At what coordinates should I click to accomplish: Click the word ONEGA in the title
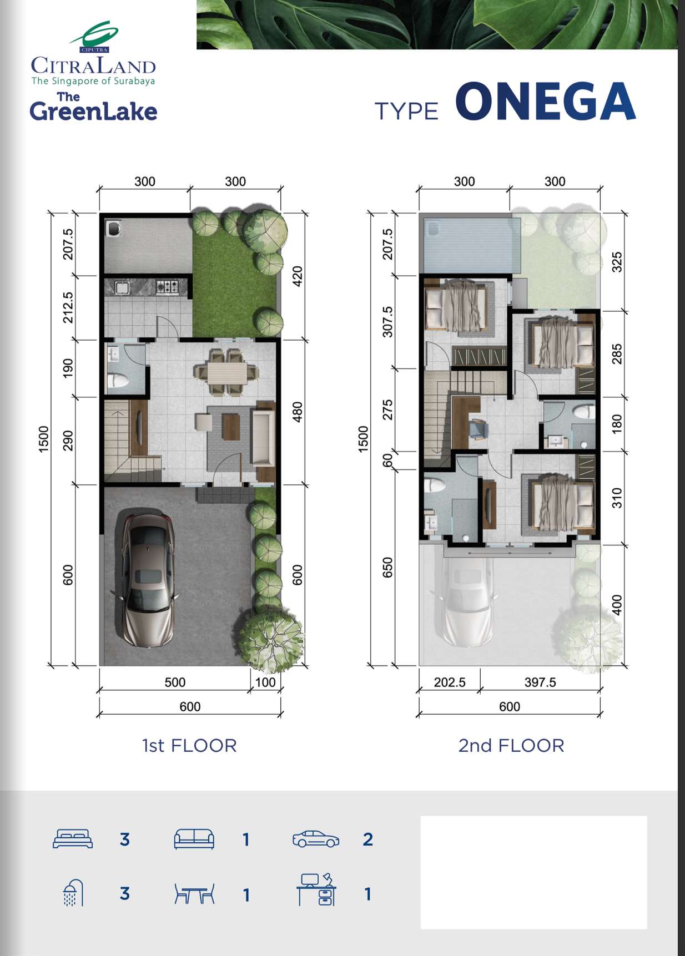[x=546, y=102]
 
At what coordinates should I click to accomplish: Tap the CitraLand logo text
[x=93, y=66]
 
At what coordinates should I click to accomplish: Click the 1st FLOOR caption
[x=189, y=745]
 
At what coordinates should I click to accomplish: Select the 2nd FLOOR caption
[x=511, y=745]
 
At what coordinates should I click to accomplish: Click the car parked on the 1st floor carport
[x=145, y=580]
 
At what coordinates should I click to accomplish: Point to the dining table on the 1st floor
[x=226, y=372]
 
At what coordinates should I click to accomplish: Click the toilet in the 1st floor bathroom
[x=118, y=381]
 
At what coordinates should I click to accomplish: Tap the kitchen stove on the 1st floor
[x=167, y=286]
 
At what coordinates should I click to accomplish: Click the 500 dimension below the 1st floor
[x=175, y=682]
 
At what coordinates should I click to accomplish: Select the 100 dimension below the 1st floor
[x=265, y=682]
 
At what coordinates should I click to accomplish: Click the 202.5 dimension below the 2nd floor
[x=450, y=682]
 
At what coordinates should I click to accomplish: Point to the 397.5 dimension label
[x=540, y=682]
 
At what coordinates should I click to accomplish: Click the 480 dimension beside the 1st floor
[x=298, y=412]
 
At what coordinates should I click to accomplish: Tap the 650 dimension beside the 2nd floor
[x=387, y=568]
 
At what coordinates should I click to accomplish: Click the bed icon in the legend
[x=73, y=839]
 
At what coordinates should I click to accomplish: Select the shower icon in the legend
[x=73, y=892]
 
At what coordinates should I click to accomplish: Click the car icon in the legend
[x=316, y=839]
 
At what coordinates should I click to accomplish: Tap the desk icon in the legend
[x=316, y=889]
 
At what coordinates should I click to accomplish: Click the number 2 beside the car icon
[x=367, y=839]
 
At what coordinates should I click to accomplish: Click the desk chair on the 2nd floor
[x=478, y=429]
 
